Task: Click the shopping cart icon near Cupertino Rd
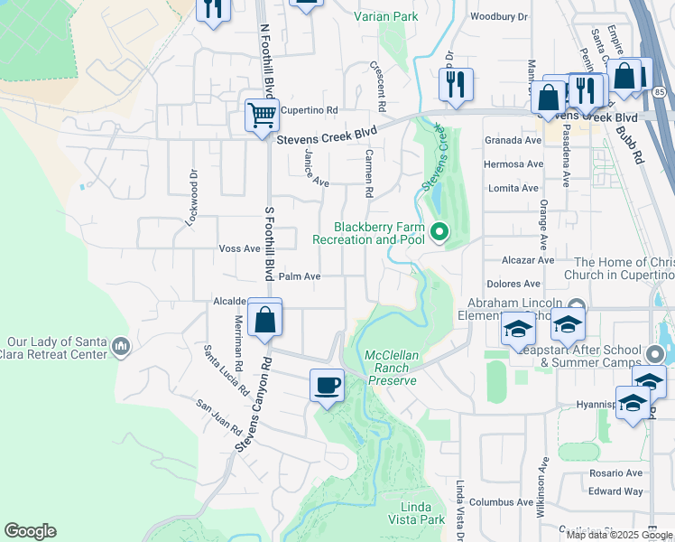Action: pos(262,116)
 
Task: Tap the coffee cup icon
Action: pos(327,386)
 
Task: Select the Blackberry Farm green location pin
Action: pos(439,233)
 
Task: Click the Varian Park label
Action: pos(386,16)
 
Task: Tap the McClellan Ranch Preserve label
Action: pos(393,368)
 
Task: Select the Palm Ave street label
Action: pos(300,276)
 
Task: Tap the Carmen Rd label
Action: pos(368,173)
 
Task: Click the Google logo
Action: pos(30,531)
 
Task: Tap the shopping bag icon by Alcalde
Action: pos(265,319)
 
